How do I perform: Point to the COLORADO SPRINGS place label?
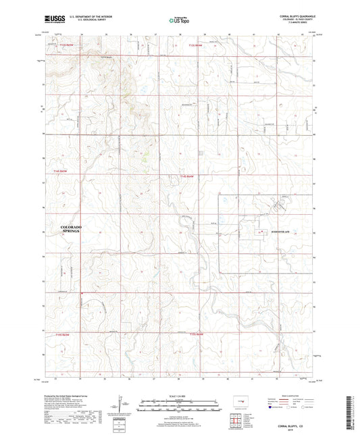71,228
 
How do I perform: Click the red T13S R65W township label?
60,46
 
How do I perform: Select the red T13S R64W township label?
195,46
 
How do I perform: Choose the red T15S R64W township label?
197,334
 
